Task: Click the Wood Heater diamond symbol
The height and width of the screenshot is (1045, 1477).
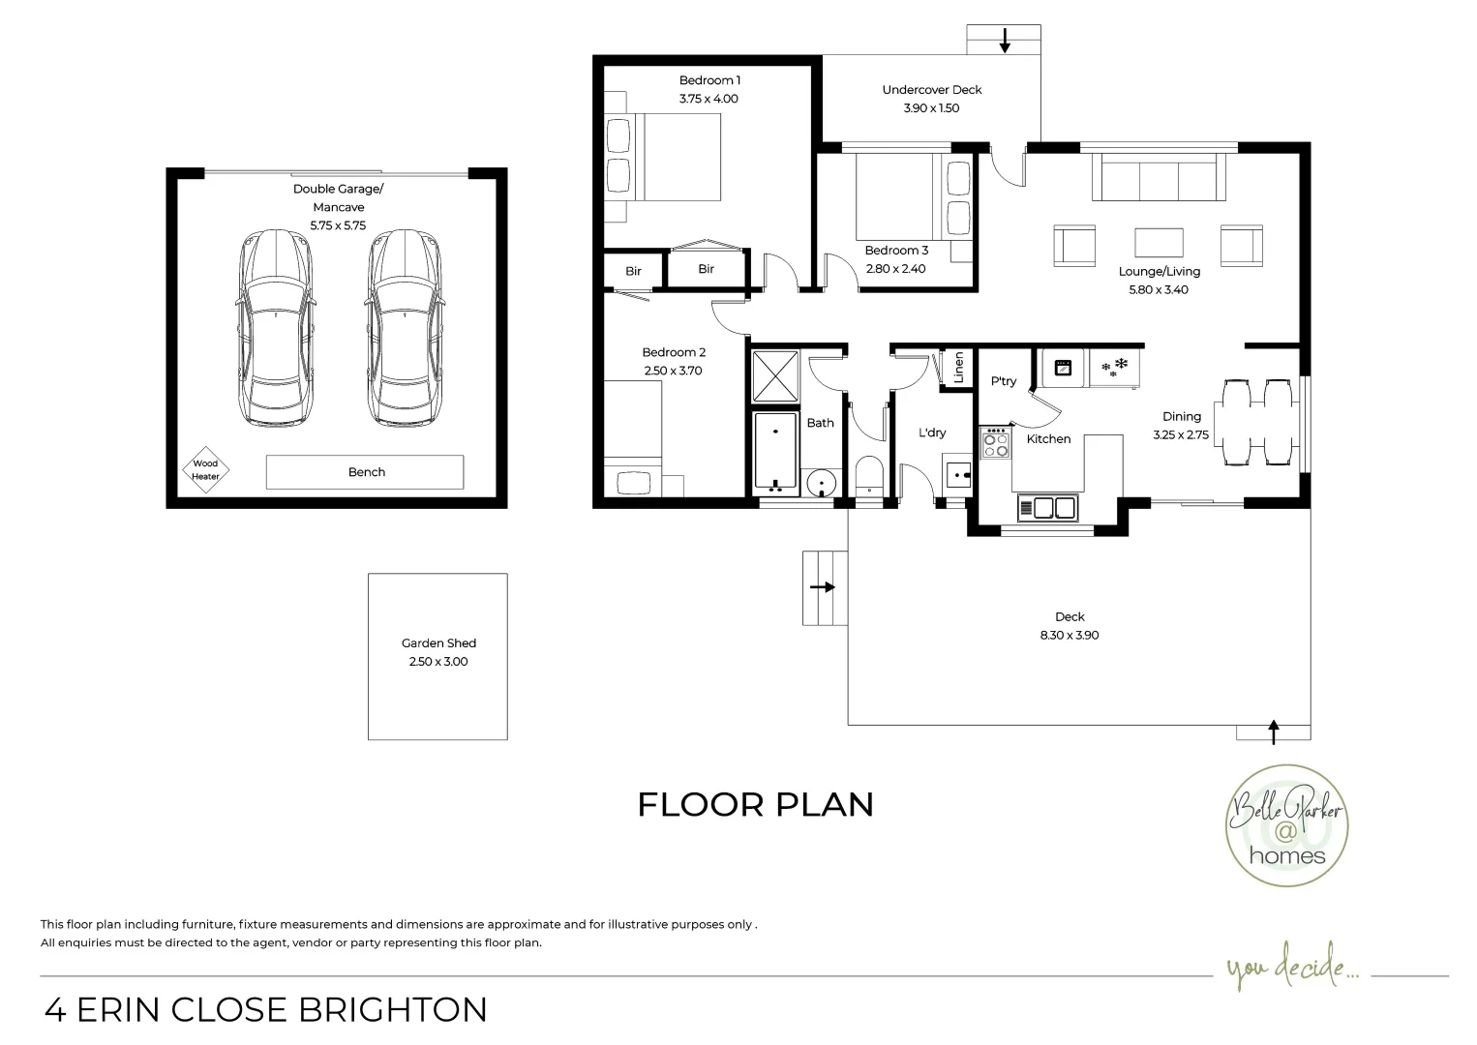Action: coord(205,469)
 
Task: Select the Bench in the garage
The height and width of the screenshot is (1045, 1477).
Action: coord(365,472)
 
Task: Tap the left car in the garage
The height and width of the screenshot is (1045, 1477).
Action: coord(276,329)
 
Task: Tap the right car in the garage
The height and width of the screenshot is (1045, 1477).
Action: coord(406,329)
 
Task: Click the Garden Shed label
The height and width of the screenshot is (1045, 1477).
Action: coord(438,643)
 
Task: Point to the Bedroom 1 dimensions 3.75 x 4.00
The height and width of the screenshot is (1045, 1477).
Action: coord(708,99)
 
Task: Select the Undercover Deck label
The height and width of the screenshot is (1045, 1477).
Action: coord(931,90)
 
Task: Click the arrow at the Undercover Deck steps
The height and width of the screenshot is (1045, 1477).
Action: coord(1005,41)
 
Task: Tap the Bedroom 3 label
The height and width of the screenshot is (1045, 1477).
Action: coord(896,251)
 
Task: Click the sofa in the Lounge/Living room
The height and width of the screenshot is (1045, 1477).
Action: coord(1158,177)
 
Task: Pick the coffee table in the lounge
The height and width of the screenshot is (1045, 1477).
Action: coord(1158,242)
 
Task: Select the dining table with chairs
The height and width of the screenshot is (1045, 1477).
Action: coord(1258,423)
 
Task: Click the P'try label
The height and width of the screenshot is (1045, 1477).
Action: coord(1004,381)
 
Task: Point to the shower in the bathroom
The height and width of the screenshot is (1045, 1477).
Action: coord(776,376)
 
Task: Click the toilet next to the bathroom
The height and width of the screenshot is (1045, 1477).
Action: coord(869,477)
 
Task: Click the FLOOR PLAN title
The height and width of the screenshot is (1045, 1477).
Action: coord(755,804)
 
